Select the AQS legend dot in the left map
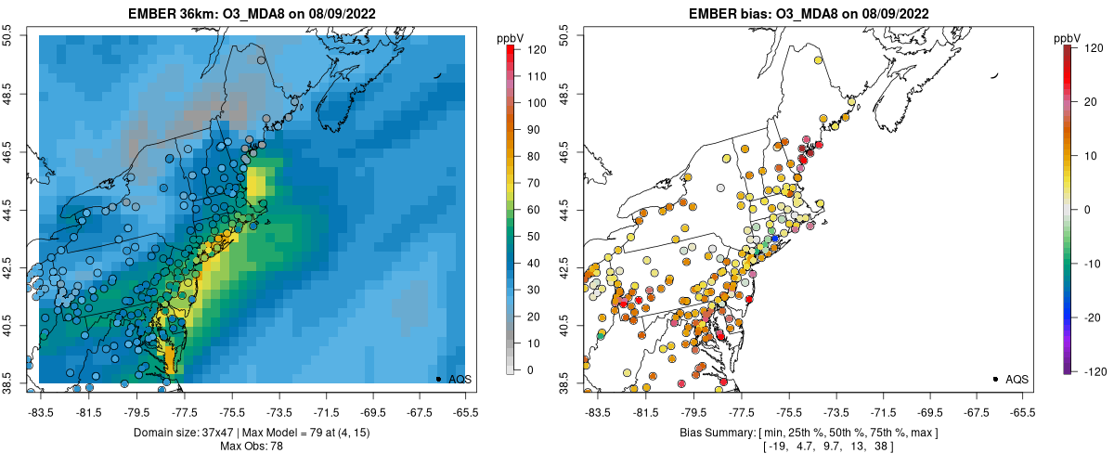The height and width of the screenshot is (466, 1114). (x=437, y=379)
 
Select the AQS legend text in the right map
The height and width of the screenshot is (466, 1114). (x=1017, y=379)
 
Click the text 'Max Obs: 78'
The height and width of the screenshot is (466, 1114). (x=253, y=447)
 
